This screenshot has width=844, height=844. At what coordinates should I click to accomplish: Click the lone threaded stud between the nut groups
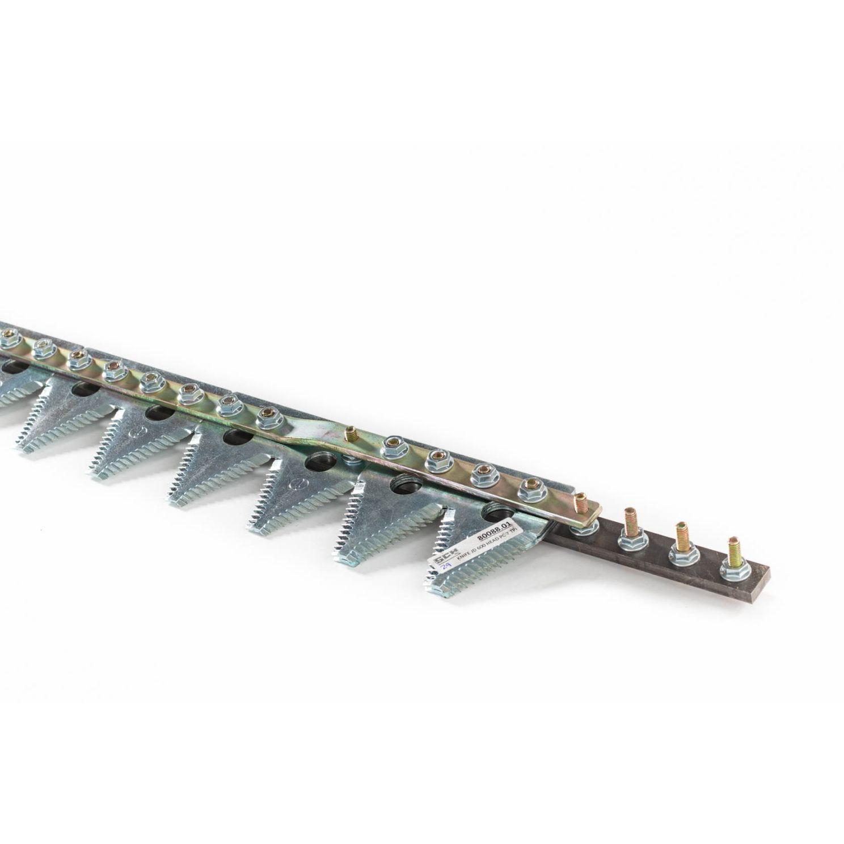pyautogui.click(x=349, y=436)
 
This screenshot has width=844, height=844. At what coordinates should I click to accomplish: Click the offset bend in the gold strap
pyautogui.click(x=306, y=441)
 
